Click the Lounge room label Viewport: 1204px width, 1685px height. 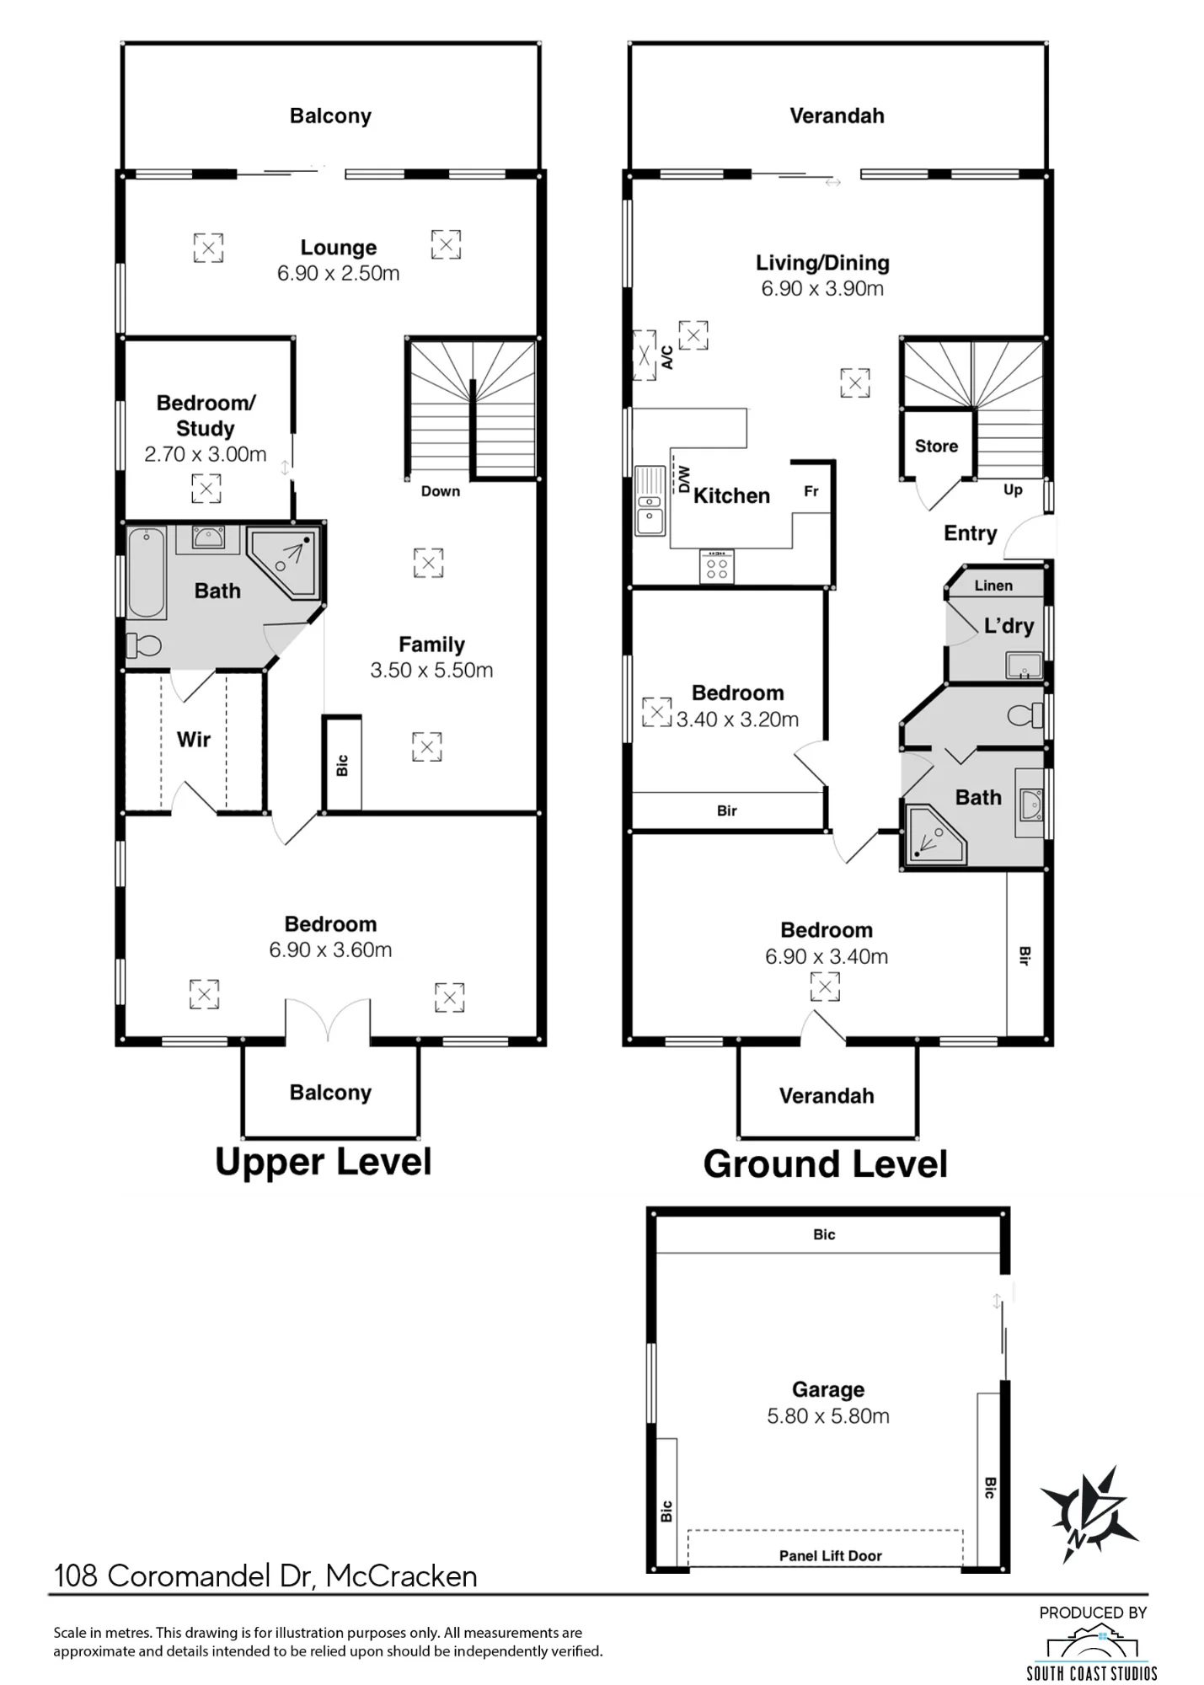(x=339, y=248)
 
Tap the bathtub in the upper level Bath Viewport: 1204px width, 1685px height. (x=147, y=573)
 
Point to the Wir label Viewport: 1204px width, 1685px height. (x=194, y=740)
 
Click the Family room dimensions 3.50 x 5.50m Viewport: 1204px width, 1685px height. (x=431, y=671)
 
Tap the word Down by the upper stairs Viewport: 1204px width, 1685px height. (x=441, y=491)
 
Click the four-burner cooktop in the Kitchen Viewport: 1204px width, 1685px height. (x=717, y=566)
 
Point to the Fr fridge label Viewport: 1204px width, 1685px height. (x=811, y=491)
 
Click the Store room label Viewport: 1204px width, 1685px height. (x=936, y=447)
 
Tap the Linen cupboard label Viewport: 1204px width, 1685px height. (x=993, y=586)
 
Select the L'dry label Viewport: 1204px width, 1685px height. (x=1009, y=626)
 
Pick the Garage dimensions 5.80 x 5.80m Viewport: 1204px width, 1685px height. (x=828, y=1416)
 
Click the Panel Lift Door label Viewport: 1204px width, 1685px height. (x=830, y=1556)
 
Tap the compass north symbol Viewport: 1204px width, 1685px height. (x=1089, y=1514)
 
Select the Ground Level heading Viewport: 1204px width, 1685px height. (x=826, y=1164)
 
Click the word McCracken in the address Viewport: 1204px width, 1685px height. (x=402, y=1576)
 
